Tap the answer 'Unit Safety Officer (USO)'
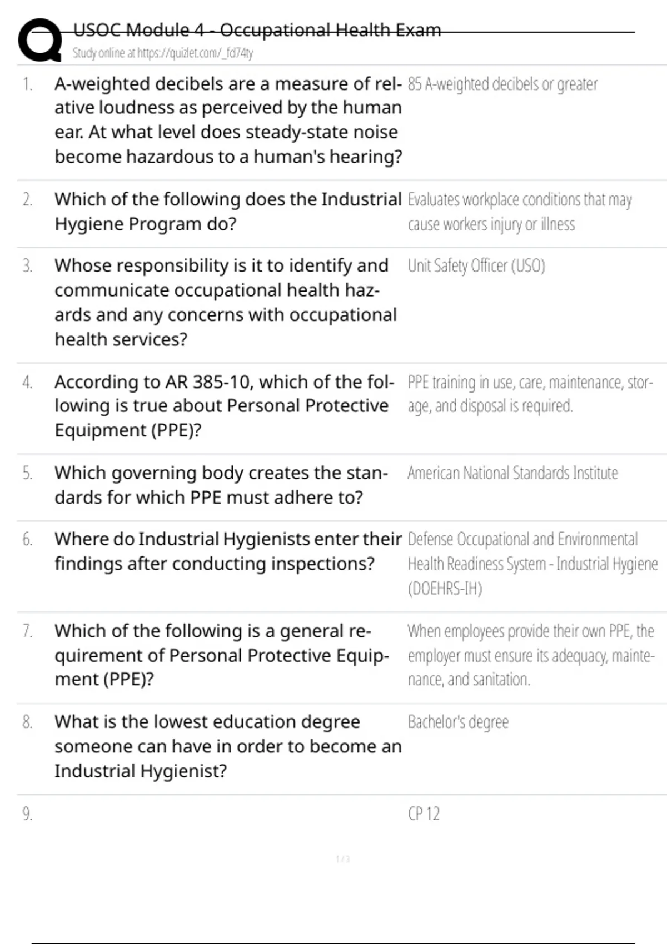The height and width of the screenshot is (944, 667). click(476, 266)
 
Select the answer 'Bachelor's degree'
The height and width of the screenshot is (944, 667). click(458, 722)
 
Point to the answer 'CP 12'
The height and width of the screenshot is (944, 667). click(424, 814)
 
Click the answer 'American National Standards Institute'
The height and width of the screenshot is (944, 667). click(512, 473)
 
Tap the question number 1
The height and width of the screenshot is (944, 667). click(27, 84)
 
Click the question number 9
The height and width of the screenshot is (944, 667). click(27, 814)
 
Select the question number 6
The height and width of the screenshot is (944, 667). click(27, 539)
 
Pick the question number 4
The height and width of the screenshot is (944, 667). click(27, 382)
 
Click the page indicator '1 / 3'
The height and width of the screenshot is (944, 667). click(343, 859)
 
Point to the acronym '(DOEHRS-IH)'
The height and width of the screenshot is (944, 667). click(445, 588)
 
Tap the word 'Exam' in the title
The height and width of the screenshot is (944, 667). click(418, 29)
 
